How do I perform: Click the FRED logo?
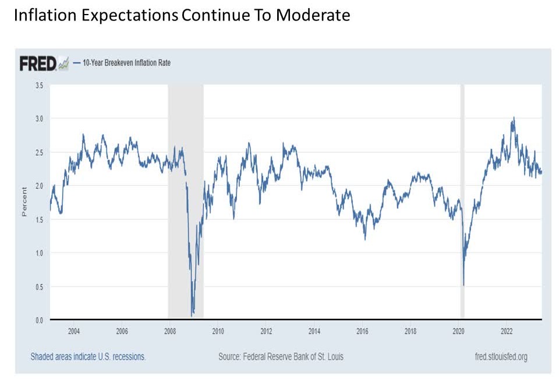pyautogui.click(x=38, y=63)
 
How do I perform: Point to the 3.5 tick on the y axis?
pyautogui.click(x=40, y=85)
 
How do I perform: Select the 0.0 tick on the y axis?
pyautogui.click(x=40, y=320)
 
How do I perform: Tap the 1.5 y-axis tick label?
pyautogui.click(x=40, y=219)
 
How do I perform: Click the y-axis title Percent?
pyautogui.click(x=24, y=202)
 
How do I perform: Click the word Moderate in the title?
pyautogui.click(x=313, y=15)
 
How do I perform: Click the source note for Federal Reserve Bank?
pyautogui.click(x=281, y=356)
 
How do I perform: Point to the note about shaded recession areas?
pyautogui.click(x=88, y=356)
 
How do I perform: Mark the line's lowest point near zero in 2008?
pyautogui.click(x=193, y=315)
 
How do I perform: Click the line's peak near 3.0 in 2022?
pyautogui.click(x=514, y=117)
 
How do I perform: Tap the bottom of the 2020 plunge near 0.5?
pyautogui.click(x=464, y=285)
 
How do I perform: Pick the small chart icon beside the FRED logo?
pyautogui.click(x=63, y=64)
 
